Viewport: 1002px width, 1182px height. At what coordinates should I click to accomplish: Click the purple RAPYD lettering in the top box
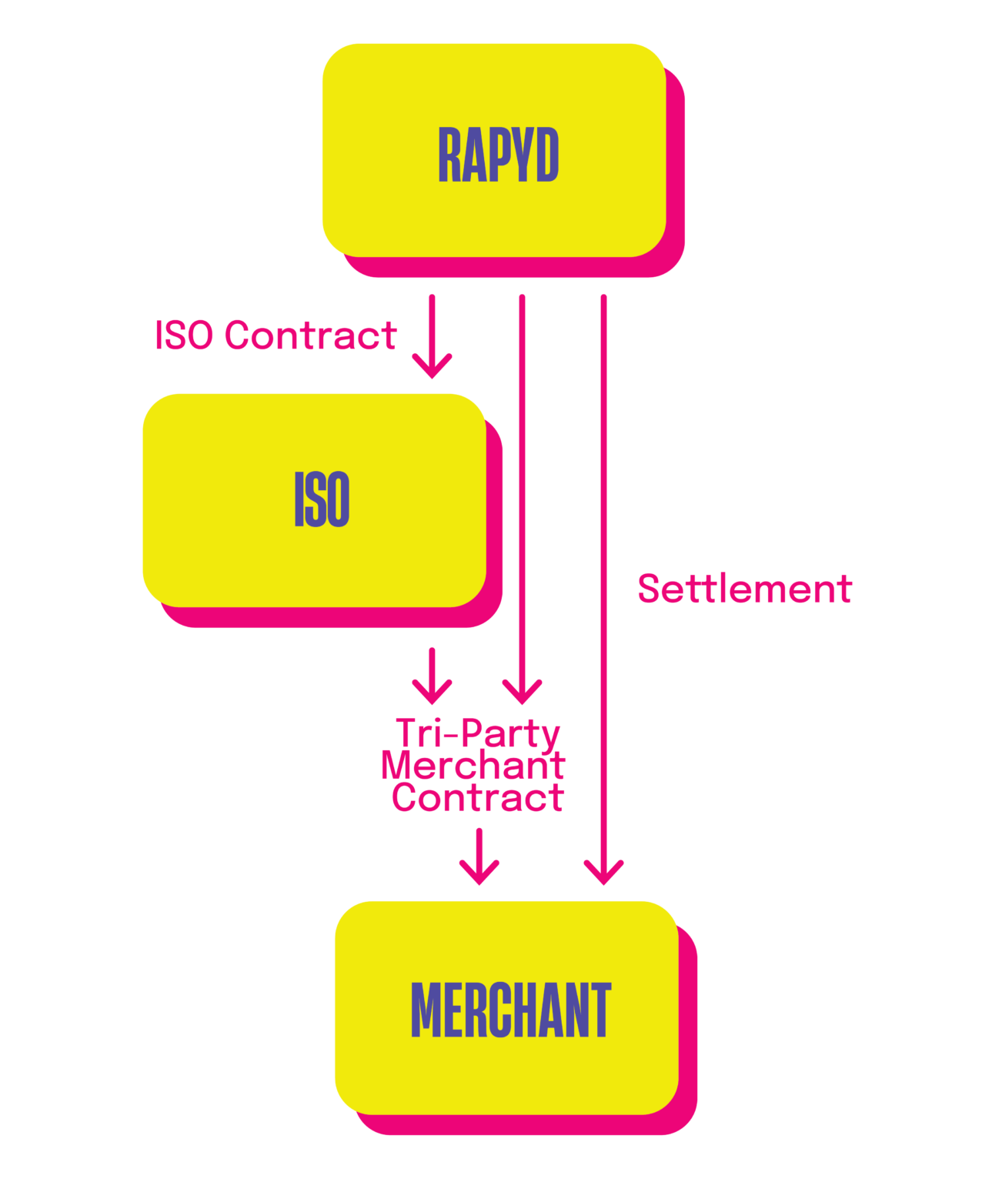pos(498,155)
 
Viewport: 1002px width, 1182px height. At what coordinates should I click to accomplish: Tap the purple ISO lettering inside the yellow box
pos(322,499)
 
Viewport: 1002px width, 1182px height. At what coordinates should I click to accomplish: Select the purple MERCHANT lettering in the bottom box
pos(510,1010)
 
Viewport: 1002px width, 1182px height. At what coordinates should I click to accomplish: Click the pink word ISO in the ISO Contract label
pos(183,336)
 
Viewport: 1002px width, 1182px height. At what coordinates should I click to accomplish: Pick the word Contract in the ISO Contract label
pos(310,336)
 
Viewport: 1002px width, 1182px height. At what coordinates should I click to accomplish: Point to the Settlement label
pos(744,589)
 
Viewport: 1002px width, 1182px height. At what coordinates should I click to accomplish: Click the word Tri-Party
pos(478,733)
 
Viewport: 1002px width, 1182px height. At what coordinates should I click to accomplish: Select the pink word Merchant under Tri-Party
pos(473,766)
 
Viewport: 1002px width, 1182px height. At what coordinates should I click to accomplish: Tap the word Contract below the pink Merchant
pos(478,798)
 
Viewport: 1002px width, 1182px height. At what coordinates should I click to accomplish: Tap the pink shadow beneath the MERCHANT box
pos(523,1124)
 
